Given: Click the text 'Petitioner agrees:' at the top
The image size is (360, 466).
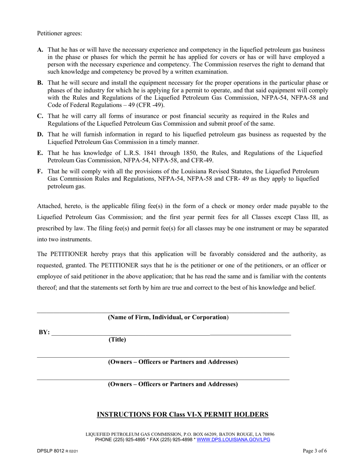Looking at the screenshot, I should (59, 33).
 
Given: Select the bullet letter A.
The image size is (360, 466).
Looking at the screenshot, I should (40, 50).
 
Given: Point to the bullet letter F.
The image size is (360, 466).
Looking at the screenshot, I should (40, 171).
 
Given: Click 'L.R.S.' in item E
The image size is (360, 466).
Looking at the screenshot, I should (128, 153).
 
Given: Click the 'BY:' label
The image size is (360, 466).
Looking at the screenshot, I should (44, 332).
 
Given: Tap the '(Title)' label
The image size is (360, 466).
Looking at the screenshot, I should (117, 340).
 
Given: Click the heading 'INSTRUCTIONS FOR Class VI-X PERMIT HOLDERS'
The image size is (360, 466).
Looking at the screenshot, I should (183, 414).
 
